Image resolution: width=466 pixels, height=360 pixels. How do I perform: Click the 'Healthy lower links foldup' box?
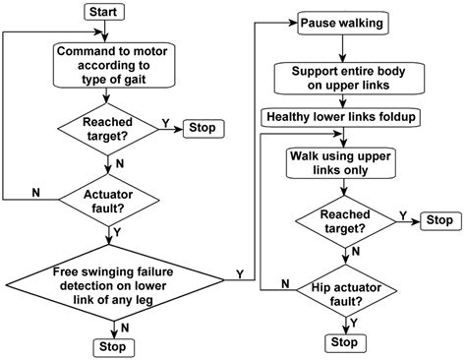(x=341, y=117)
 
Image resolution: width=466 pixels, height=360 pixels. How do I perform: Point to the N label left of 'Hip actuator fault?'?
(x=283, y=281)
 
